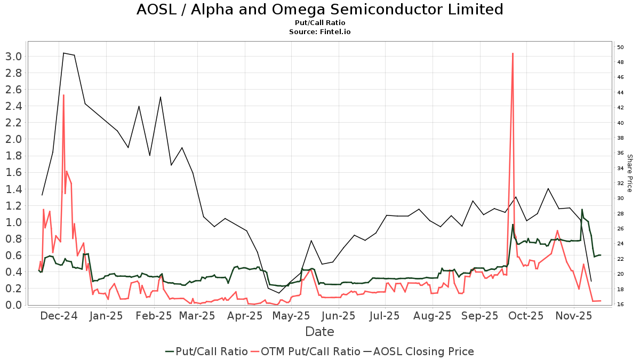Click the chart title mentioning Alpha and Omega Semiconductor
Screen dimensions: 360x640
click(x=319, y=10)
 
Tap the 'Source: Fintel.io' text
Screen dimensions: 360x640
click(x=319, y=32)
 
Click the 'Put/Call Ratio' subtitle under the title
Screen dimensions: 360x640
click(x=319, y=23)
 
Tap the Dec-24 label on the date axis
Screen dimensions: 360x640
click(x=59, y=316)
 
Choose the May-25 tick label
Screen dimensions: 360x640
click(x=292, y=316)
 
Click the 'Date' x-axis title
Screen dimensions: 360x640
click(x=319, y=332)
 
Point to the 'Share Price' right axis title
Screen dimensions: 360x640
click(x=629, y=173)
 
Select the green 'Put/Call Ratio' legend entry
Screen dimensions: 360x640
click(x=206, y=351)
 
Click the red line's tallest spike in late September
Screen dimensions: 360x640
click(x=513, y=53)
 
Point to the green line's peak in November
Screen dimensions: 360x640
click(x=582, y=210)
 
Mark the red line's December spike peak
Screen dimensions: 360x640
click(x=63, y=95)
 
